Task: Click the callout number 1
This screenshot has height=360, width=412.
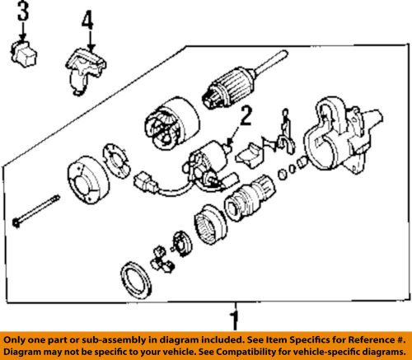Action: [235, 320]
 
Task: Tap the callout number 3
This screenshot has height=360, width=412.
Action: [22, 12]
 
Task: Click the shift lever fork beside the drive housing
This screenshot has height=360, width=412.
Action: [285, 132]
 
